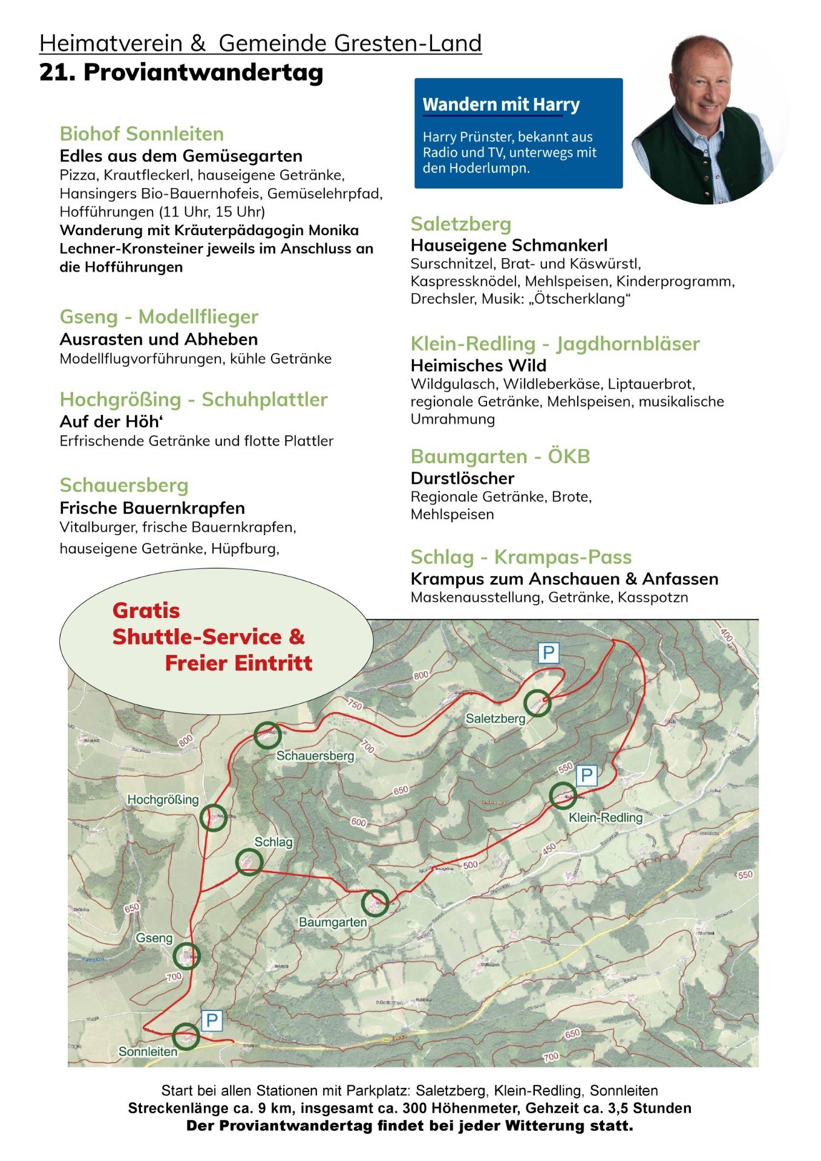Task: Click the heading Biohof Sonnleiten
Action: tap(142, 134)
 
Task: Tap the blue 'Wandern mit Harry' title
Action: tap(501, 105)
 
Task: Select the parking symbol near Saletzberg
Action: tap(548, 653)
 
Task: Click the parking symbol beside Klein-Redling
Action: tap(586, 775)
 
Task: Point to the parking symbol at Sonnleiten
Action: tap(211, 1021)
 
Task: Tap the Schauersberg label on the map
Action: tap(315, 756)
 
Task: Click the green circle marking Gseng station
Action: tap(186, 956)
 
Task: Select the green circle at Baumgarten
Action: tap(375, 903)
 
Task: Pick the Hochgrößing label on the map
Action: tap(163, 799)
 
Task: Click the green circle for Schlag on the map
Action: tap(248, 862)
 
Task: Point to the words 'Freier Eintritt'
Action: tap(238, 663)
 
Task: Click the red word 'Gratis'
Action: tap(146, 611)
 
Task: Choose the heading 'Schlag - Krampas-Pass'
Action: tap(521, 557)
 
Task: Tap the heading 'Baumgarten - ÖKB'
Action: tap(500, 457)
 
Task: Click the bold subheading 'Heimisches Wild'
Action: tap(478, 365)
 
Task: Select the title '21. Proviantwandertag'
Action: tap(182, 73)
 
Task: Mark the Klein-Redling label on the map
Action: tap(605, 818)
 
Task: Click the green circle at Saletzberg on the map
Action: tap(537, 703)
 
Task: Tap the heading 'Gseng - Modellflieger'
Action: tap(159, 317)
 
